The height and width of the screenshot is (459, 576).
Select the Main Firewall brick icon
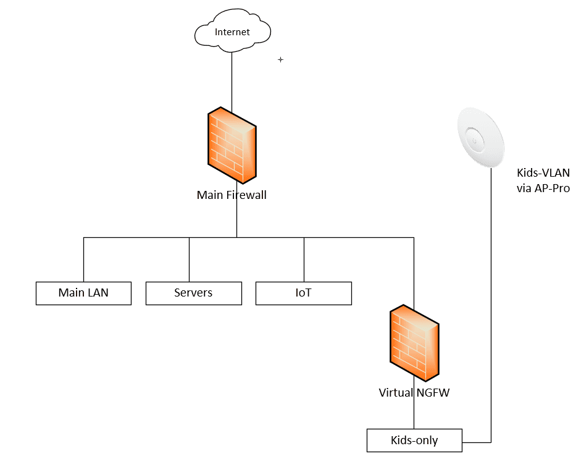[232, 146]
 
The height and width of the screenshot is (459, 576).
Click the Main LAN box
[83, 293]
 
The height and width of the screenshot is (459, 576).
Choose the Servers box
[193, 293]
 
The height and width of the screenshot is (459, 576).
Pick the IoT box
[303, 293]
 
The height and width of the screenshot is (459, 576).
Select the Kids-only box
[414, 440]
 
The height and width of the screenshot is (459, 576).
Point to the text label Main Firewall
[232, 195]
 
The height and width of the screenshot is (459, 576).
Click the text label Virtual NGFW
[414, 392]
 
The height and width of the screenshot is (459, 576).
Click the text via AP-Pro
[543, 188]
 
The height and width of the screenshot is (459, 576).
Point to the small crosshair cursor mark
[280, 60]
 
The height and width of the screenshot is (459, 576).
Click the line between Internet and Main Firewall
[232, 80]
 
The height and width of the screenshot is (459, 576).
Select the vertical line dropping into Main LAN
[83, 259]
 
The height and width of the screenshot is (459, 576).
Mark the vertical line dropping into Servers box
[189, 259]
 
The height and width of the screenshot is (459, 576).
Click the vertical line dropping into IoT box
[304, 259]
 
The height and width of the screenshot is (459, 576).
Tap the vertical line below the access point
[491, 309]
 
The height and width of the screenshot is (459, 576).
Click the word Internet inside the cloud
[232, 32]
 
